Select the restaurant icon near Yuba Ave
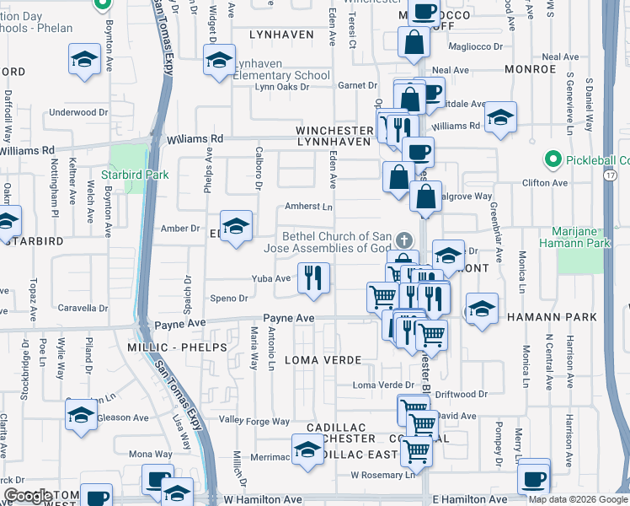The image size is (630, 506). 313,278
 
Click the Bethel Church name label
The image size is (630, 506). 337,242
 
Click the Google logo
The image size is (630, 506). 28,496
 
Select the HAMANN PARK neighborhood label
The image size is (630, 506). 552,317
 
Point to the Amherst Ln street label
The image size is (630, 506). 309,206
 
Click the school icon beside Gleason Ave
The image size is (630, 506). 82,415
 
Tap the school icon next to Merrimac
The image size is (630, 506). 307,450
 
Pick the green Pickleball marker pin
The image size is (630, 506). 553,159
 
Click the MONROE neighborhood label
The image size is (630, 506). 530,69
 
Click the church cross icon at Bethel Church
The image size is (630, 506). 403,240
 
